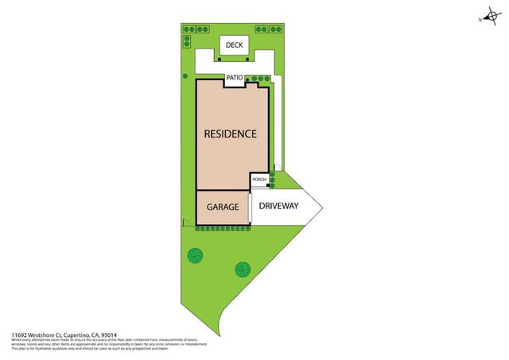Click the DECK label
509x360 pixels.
tap(234, 45)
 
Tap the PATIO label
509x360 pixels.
tap(234, 78)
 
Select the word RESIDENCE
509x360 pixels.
tap(230, 134)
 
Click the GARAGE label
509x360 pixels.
tap(223, 207)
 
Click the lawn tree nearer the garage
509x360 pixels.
tap(194, 256)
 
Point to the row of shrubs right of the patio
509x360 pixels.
tap(258, 79)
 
